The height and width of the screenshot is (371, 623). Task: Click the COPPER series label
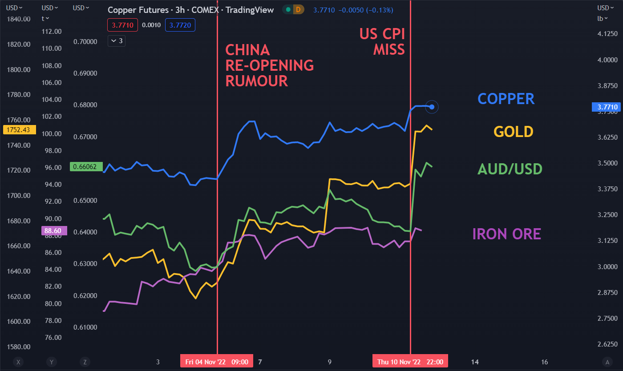[x=506, y=99]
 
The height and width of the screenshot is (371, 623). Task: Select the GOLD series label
[x=513, y=132]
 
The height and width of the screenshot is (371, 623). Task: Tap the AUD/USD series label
[x=510, y=169]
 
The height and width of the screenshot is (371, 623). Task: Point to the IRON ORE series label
[x=506, y=234]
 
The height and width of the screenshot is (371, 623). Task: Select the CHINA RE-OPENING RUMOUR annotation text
[x=269, y=65]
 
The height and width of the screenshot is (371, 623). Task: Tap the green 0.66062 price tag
[x=86, y=166]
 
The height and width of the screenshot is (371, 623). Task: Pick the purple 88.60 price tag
[x=54, y=230]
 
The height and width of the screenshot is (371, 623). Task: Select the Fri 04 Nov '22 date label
[x=217, y=362]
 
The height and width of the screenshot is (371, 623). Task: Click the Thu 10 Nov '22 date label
[x=410, y=362]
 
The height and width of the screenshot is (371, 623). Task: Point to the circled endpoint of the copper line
[x=432, y=107]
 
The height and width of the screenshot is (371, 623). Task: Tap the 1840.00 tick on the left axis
[x=18, y=19]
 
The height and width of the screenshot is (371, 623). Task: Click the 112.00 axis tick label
[x=51, y=32]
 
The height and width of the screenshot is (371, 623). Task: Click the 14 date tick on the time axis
[x=474, y=362]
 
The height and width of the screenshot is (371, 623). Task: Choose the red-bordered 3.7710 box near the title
[x=122, y=25]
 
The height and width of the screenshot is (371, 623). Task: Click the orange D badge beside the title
[x=299, y=9]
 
